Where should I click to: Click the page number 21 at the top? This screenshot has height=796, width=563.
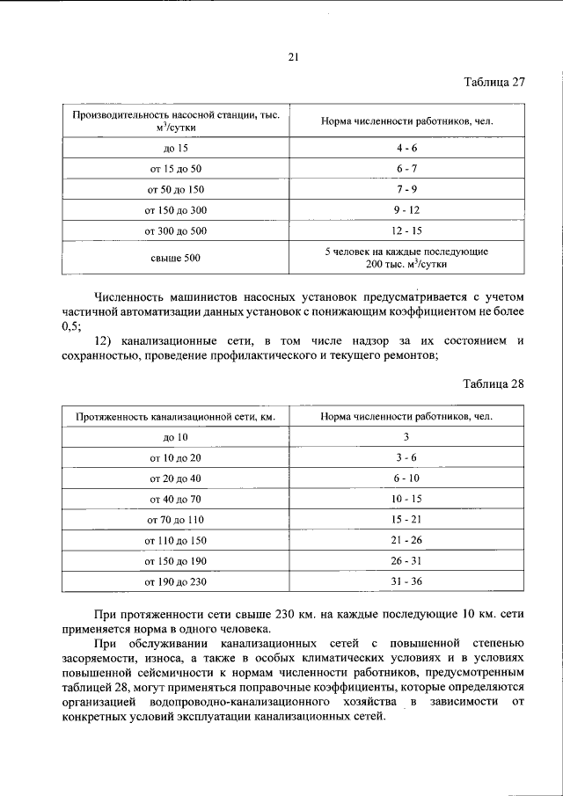294,57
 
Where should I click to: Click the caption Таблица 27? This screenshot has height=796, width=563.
494,83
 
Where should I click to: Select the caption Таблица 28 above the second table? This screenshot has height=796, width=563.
494,384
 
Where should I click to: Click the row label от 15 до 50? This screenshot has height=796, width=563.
176,167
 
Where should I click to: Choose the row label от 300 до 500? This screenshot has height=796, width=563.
176,231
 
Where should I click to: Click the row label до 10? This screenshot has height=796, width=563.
176,437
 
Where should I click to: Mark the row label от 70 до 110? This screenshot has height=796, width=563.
176,520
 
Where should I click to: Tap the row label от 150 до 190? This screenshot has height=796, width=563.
176,561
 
